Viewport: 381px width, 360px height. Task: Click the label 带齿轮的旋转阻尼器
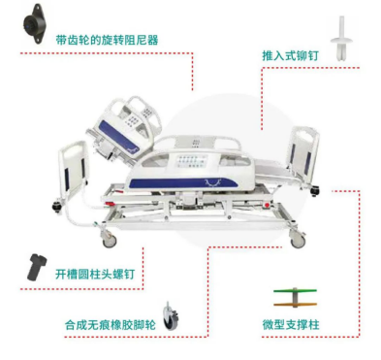(x=107, y=41)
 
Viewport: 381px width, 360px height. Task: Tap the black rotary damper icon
(x=33, y=23)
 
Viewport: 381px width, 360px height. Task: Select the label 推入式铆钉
(x=290, y=55)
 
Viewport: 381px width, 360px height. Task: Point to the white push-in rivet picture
(x=342, y=39)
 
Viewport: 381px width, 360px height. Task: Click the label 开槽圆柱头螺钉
(x=95, y=275)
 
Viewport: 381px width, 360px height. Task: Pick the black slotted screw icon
(x=36, y=267)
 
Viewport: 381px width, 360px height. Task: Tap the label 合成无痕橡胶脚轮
(x=111, y=324)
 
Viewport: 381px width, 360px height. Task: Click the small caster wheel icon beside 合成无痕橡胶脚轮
(x=171, y=316)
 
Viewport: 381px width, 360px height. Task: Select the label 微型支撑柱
(x=291, y=324)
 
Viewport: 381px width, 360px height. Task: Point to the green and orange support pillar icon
(x=295, y=298)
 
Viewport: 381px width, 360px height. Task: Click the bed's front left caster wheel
(x=110, y=240)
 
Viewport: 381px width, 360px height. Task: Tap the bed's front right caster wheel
(x=298, y=240)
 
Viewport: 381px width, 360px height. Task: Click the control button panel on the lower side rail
(x=191, y=161)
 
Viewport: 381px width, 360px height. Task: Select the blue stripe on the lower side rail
(x=183, y=182)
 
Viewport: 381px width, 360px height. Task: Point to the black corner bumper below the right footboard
(x=314, y=191)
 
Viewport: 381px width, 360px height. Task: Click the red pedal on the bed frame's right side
(x=267, y=205)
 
